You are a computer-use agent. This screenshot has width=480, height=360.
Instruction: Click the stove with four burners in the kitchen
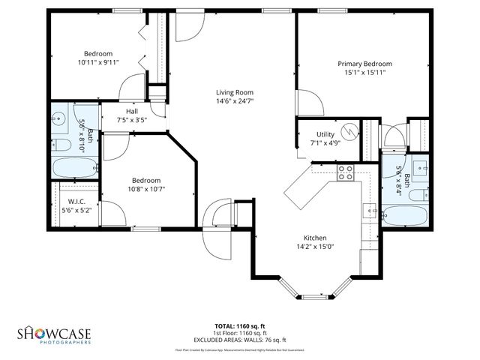[x=346, y=173]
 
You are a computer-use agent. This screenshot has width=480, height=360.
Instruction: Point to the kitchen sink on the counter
[x=371, y=212]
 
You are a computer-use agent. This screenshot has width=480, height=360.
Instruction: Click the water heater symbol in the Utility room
[x=349, y=130]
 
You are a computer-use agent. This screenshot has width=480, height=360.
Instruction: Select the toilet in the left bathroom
[x=61, y=145]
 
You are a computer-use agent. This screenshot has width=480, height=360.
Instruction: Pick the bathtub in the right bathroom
[x=405, y=217]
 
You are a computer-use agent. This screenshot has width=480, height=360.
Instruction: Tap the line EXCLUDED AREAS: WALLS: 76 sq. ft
[x=239, y=338]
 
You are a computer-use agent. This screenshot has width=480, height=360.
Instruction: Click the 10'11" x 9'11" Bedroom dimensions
[x=97, y=63]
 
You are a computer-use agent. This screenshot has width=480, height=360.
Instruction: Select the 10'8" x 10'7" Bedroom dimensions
[x=146, y=189]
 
